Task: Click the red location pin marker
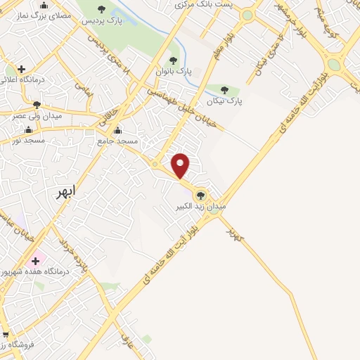181,165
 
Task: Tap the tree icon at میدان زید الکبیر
201,195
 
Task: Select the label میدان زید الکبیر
202,207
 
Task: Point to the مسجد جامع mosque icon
117,130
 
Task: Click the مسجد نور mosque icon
28,130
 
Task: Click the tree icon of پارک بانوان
173,61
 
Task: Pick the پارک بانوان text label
175,72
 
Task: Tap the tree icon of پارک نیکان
224,90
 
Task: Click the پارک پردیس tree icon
102,10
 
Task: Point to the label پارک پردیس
102,20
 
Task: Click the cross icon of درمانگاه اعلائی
22,69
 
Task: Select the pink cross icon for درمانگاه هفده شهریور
34,261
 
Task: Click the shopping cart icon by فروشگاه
5,335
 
